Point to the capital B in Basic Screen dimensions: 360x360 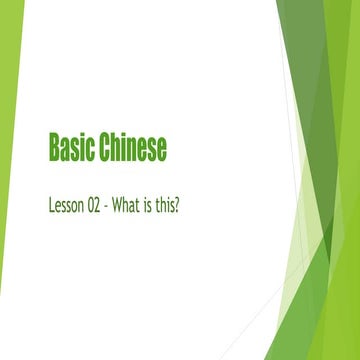[x=53, y=148]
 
